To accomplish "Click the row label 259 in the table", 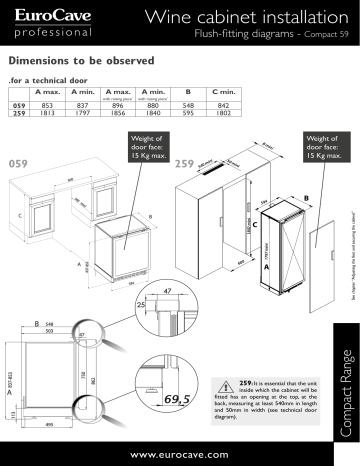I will click(17, 114).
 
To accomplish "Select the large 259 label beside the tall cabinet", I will click(185, 161).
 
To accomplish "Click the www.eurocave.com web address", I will click(180, 452).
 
